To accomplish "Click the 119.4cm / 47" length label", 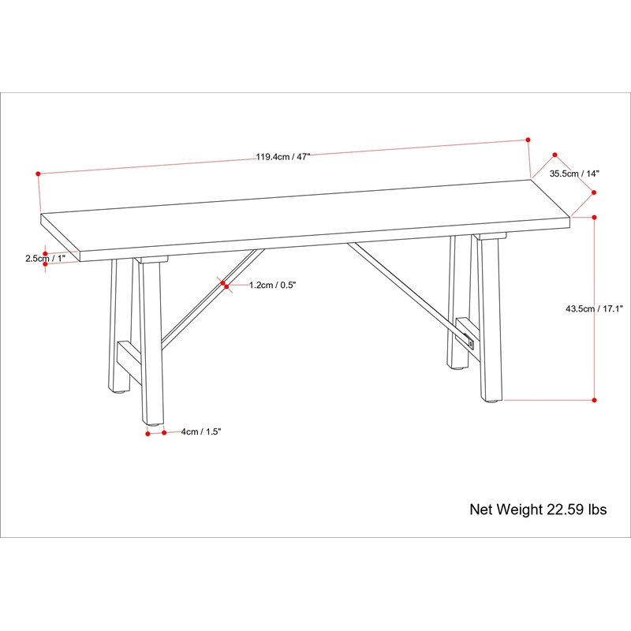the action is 283,157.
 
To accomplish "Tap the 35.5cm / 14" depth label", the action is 574,174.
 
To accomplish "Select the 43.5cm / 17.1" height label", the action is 594,309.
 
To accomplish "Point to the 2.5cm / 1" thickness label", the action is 46,259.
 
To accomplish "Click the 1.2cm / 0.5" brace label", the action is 272,286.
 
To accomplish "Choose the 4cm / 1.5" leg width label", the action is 201,431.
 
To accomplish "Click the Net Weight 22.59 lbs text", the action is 538,510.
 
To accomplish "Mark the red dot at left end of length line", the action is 38,174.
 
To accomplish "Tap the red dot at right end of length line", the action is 528,140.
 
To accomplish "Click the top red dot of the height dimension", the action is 595,218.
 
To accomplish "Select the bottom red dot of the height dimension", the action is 595,400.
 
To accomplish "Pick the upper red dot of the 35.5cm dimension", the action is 555,155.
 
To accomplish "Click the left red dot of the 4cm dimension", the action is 147,433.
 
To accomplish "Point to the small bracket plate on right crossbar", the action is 471,344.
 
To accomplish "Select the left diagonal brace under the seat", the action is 212,300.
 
